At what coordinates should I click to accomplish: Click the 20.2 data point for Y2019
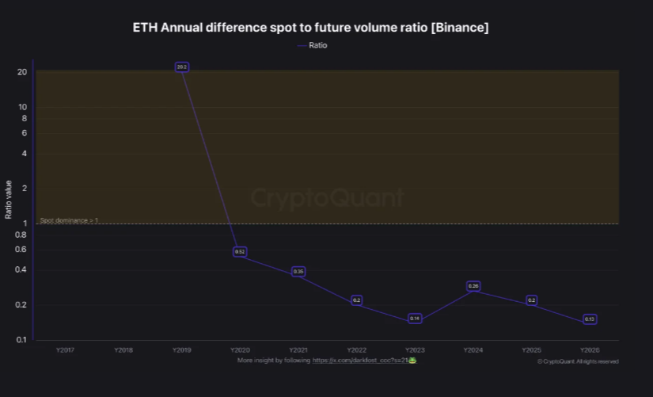[x=182, y=67]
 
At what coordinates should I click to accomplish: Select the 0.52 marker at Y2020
[x=240, y=251]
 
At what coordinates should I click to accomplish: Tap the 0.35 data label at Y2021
[x=298, y=272]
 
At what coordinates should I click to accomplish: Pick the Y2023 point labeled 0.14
[x=415, y=319]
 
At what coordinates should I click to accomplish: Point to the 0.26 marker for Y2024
[x=473, y=286]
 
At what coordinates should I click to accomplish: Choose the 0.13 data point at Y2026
[x=590, y=319]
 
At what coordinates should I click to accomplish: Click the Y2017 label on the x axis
[x=65, y=349]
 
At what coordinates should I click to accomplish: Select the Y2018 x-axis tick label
[x=123, y=349]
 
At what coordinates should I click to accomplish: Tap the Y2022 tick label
[x=356, y=349]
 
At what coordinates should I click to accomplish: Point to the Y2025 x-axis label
[x=531, y=349]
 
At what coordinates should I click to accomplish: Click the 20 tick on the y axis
[x=22, y=72]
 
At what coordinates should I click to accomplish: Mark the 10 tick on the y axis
[x=22, y=107]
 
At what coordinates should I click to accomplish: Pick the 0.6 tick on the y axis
[x=21, y=250]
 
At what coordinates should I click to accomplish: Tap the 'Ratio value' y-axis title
[x=9, y=200]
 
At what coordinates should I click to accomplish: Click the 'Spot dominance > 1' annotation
[x=69, y=219]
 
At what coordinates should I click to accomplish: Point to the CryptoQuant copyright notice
[x=578, y=361]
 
